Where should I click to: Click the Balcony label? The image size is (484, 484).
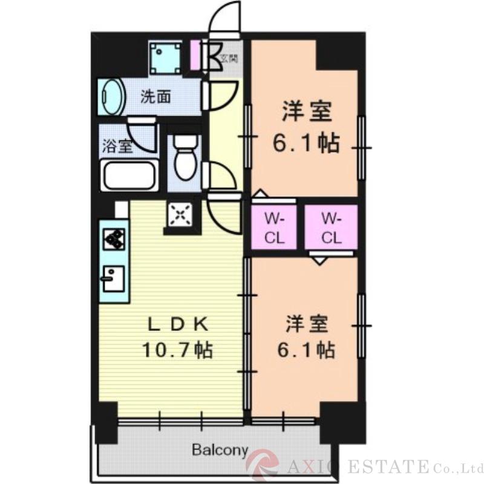click(220, 450)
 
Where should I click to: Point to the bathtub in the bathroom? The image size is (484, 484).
click(129, 176)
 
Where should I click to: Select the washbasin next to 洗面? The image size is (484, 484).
click(111, 97)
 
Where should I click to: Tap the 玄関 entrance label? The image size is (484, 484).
click(229, 59)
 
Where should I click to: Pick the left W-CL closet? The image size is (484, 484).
click(275, 227)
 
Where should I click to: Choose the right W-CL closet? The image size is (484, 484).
click(331, 227)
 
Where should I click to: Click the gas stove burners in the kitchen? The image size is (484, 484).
click(114, 238)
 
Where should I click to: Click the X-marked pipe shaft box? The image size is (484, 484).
click(180, 214)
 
